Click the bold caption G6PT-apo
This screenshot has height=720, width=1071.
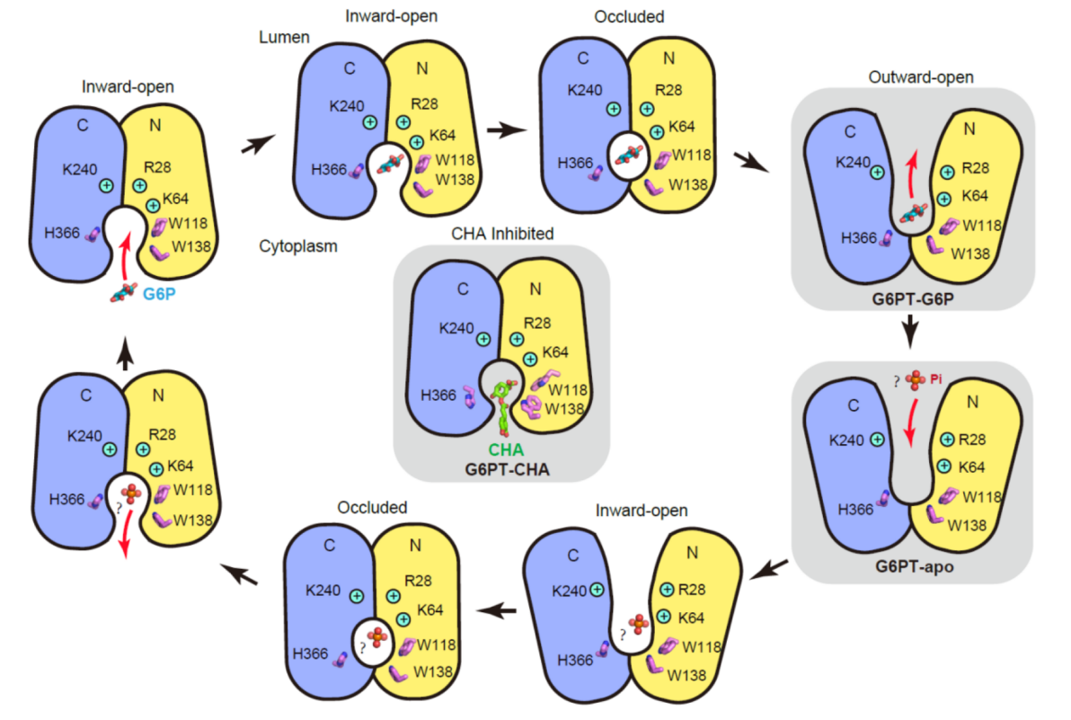coord(909,568)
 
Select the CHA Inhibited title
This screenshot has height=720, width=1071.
coord(503,234)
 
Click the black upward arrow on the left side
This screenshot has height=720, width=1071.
coord(126,358)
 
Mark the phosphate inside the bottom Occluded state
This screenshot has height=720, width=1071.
coord(376,637)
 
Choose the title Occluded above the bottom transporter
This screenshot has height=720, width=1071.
coord(372,508)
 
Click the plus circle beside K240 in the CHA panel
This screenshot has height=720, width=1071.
coord(483,339)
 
